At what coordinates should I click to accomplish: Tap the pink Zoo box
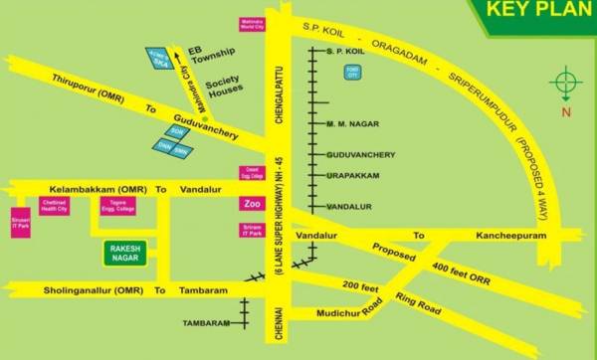click(x=251, y=204)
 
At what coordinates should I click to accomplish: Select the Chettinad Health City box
click(x=52, y=207)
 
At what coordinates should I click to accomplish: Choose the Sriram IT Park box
click(x=251, y=233)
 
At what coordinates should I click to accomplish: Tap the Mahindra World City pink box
click(x=251, y=24)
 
